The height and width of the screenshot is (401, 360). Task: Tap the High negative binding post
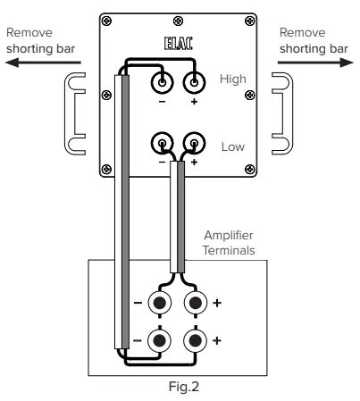pyautogui.click(x=163, y=82)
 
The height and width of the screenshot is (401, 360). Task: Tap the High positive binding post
pyautogui.click(x=192, y=82)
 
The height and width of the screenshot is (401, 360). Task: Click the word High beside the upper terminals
pyautogui.click(x=231, y=80)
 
